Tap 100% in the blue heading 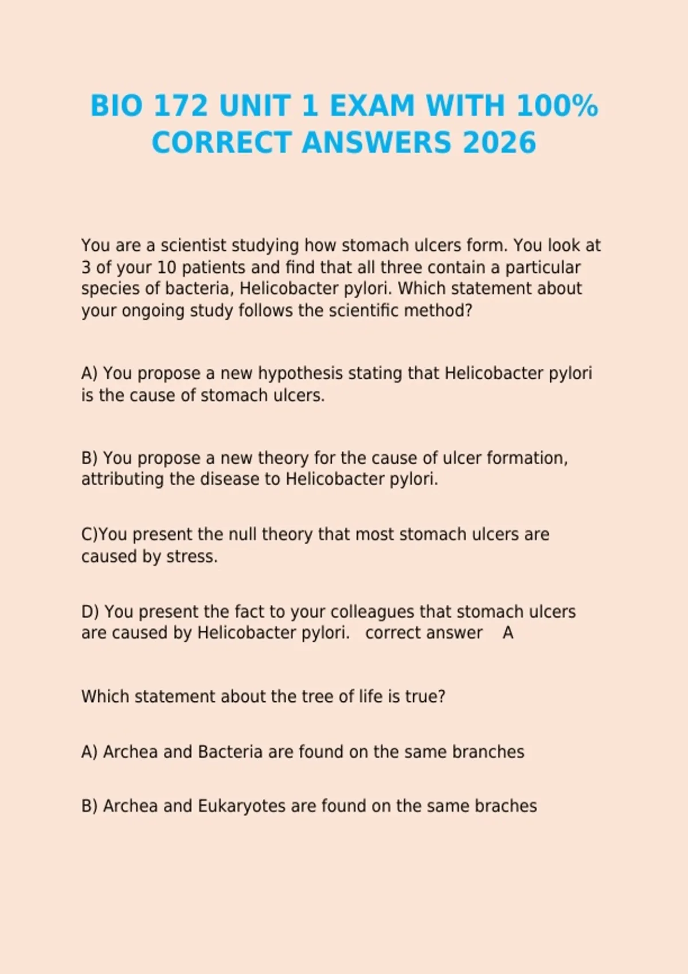click(557, 106)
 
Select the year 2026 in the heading click(499, 143)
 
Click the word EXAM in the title click(372, 106)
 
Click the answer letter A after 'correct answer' click(508, 633)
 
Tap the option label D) click(90, 611)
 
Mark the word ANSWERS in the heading click(376, 143)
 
